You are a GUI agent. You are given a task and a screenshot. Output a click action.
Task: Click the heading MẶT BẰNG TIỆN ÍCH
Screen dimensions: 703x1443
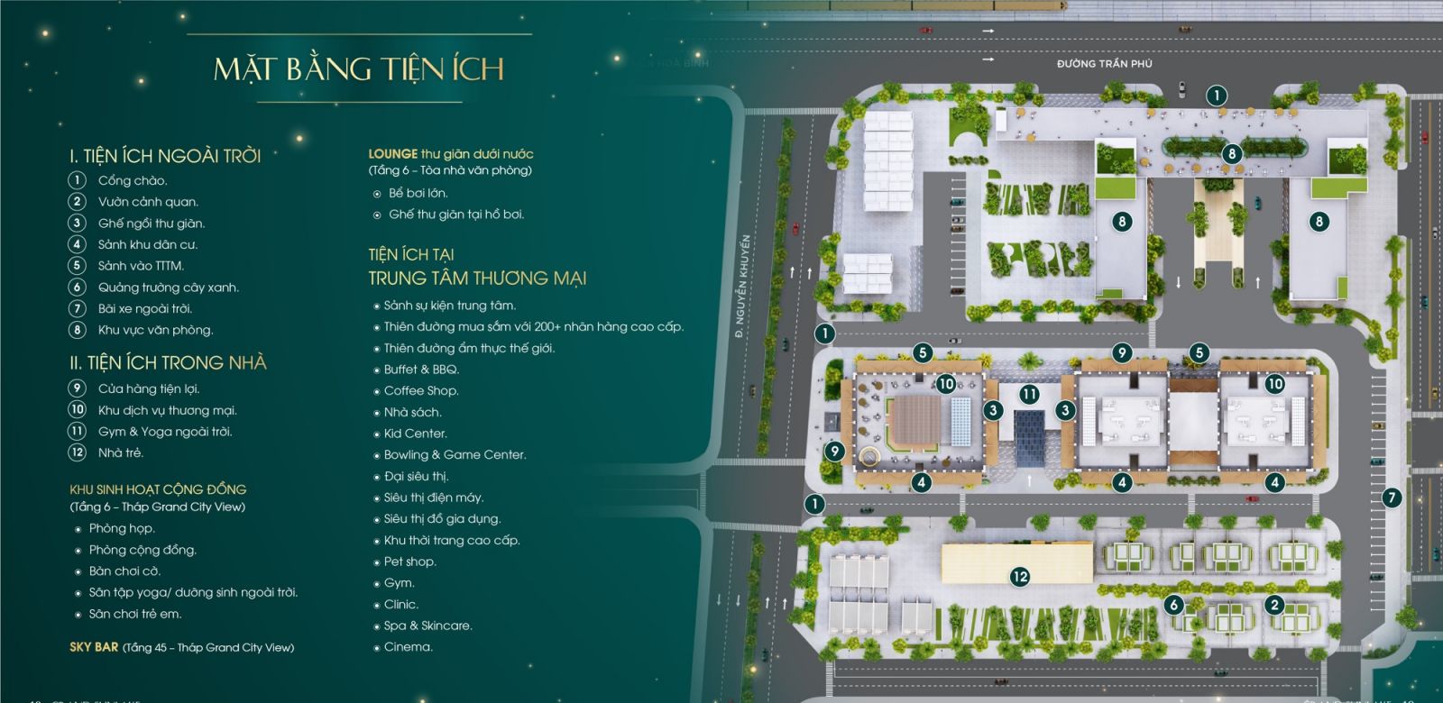click(x=358, y=69)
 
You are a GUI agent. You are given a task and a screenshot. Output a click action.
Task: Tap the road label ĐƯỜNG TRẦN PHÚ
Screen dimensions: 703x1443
click(x=1104, y=64)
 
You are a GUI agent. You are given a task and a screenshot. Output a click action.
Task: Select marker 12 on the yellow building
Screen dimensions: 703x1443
click(x=1019, y=576)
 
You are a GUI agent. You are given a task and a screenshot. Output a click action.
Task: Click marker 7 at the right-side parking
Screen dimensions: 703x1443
click(x=1392, y=498)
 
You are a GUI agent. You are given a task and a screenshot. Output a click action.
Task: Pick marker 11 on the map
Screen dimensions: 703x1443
click(x=1029, y=394)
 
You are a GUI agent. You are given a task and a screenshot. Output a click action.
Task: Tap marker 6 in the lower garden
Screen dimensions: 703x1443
click(x=1173, y=604)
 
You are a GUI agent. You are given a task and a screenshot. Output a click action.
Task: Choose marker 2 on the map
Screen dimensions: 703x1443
click(x=1273, y=604)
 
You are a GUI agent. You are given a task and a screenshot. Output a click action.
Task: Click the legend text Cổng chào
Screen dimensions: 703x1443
click(x=133, y=180)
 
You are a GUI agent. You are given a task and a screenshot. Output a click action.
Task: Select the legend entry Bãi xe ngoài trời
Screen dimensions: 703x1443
click(x=144, y=308)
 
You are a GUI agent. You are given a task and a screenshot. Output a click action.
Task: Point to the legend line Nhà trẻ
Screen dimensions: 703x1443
click(x=120, y=452)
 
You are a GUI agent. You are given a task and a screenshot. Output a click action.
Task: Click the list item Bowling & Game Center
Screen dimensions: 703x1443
click(x=455, y=454)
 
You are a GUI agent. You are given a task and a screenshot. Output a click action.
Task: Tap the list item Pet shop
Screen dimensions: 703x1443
click(x=409, y=561)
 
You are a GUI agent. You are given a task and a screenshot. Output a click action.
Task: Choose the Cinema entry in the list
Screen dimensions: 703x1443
click(x=408, y=647)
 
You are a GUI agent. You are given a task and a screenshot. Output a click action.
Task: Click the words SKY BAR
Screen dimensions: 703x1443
click(x=94, y=647)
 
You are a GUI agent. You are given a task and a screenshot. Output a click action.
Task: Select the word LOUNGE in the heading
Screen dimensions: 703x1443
click(x=392, y=154)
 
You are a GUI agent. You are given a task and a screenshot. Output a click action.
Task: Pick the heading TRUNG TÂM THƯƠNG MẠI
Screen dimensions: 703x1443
click(x=477, y=278)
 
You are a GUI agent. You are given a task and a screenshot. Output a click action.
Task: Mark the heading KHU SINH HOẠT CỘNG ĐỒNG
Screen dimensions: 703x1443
click(x=158, y=489)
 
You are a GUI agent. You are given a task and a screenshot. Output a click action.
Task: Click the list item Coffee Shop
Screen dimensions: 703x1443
click(x=421, y=390)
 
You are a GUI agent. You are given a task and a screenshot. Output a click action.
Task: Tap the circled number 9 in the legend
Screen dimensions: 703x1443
click(x=78, y=388)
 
